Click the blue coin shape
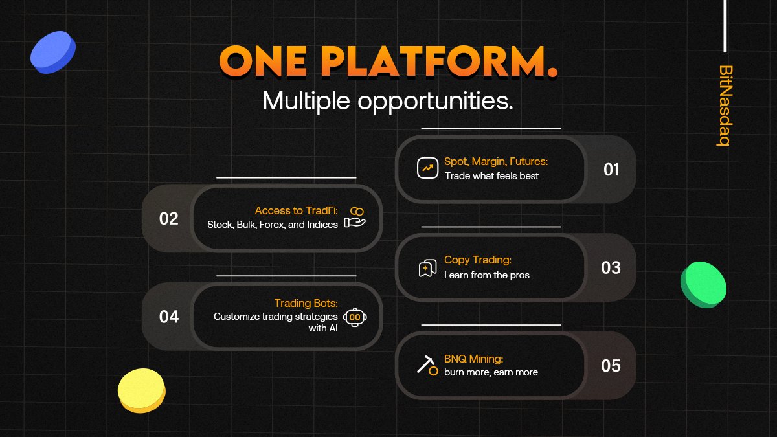tap(53, 52)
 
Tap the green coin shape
tap(703, 284)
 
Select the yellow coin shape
tap(142, 390)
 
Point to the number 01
tap(611, 170)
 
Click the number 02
tap(168, 219)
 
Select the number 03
tap(611, 268)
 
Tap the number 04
tap(168, 317)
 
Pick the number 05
tap(611, 366)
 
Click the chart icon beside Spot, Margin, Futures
tap(427, 168)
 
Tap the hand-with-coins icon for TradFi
tap(355, 218)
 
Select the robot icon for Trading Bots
tap(355, 317)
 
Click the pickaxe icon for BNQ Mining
tap(427, 365)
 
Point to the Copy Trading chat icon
tap(427, 267)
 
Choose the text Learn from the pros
tap(486, 275)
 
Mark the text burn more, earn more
tap(491, 372)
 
